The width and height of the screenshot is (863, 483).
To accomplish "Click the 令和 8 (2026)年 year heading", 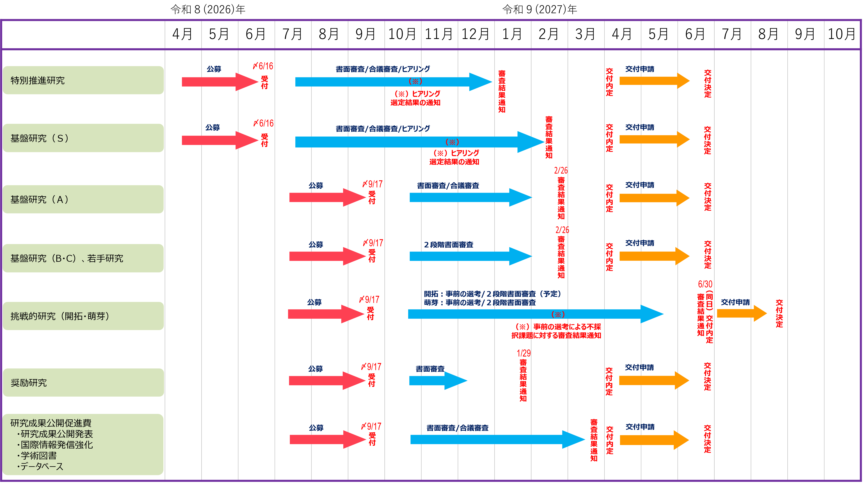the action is click(208, 9).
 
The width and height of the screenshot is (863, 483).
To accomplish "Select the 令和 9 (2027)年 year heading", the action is click(540, 9).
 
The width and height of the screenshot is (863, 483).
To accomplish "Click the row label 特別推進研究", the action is click(38, 80).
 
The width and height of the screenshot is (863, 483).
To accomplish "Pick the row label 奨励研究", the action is click(29, 382).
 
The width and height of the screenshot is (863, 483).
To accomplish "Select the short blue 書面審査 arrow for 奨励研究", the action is click(438, 380).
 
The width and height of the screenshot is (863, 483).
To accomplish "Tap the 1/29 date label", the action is click(524, 353).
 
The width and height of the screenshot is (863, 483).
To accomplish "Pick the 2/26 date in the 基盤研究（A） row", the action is click(561, 170).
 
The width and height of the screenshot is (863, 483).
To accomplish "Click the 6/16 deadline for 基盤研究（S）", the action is click(264, 123).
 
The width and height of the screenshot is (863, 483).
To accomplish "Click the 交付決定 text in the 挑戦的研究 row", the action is click(779, 314).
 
